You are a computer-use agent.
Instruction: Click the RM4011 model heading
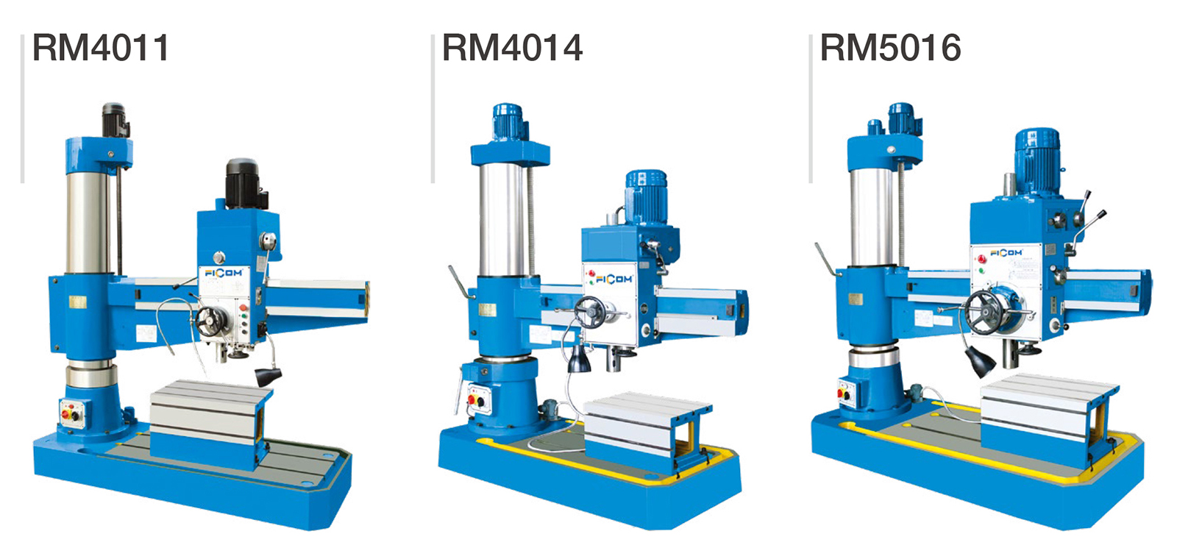[x=100, y=48]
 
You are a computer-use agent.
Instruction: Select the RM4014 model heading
[x=512, y=48]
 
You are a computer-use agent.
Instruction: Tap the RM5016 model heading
[x=891, y=48]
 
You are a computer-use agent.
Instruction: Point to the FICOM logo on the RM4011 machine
[x=224, y=273]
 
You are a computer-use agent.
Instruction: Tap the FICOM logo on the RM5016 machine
[x=1006, y=253]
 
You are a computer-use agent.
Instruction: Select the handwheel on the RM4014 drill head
[x=589, y=312]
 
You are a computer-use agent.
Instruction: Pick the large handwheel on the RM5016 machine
[x=984, y=312]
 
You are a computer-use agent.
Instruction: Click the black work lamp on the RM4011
[x=268, y=376]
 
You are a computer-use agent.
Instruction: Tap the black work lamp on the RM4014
[x=578, y=360]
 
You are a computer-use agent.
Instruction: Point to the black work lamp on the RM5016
[x=979, y=362]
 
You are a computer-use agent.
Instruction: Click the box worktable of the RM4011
[x=210, y=424]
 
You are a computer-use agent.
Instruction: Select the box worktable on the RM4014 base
[x=647, y=430]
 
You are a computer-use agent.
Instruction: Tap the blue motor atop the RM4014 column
[x=508, y=122]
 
